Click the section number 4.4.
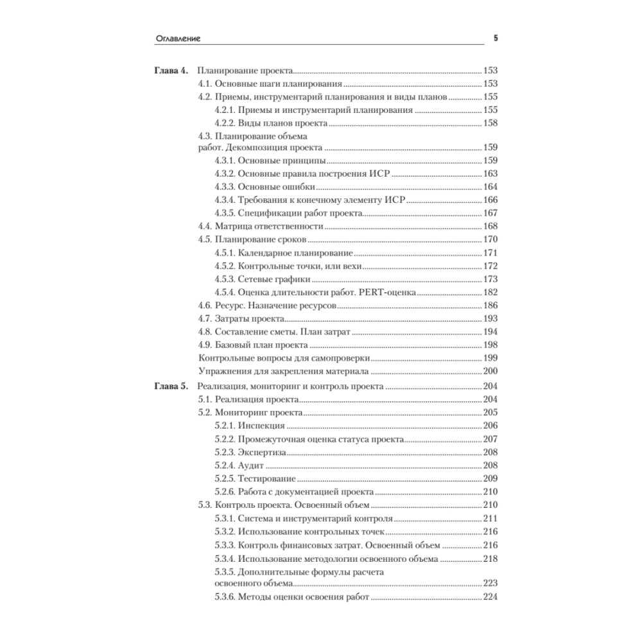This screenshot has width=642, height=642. (x=205, y=226)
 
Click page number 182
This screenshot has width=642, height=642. (x=490, y=292)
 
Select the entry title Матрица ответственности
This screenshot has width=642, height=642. (x=269, y=226)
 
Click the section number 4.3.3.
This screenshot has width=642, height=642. (x=225, y=187)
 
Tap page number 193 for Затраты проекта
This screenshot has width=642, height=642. (x=490, y=318)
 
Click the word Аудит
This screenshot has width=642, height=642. (x=250, y=465)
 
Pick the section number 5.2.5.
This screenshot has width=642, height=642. (x=225, y=479)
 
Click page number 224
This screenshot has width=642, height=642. (x=490, y=598)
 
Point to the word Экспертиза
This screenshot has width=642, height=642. (x=263, y=453)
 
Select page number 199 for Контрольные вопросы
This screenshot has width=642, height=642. (x=490, y=358)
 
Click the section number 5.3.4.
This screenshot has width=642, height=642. (x=225, y=559)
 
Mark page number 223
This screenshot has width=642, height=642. (x=490, y=584)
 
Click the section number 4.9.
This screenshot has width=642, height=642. (x=205, y=345)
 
